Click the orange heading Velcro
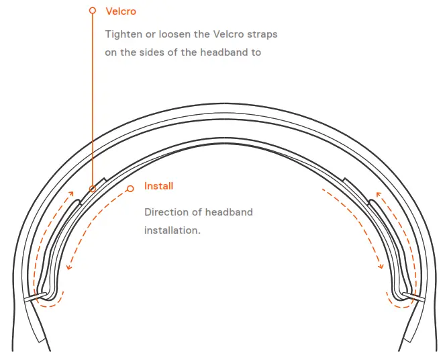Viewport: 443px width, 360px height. point(121,11)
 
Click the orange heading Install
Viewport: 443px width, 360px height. point(158,186)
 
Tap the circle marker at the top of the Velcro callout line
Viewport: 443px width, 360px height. point(93,11)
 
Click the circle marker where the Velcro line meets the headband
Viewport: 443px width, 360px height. point(93,189)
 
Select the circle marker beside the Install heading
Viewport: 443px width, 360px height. point(130,189)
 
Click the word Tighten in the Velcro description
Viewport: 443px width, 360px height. point(124,34)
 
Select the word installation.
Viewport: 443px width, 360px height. point(173,230)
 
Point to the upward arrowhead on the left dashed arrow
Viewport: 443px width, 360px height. point(71,193)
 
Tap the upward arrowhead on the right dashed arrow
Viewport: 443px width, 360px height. point(379,195)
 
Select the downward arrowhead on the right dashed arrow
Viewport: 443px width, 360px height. point(381,266)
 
